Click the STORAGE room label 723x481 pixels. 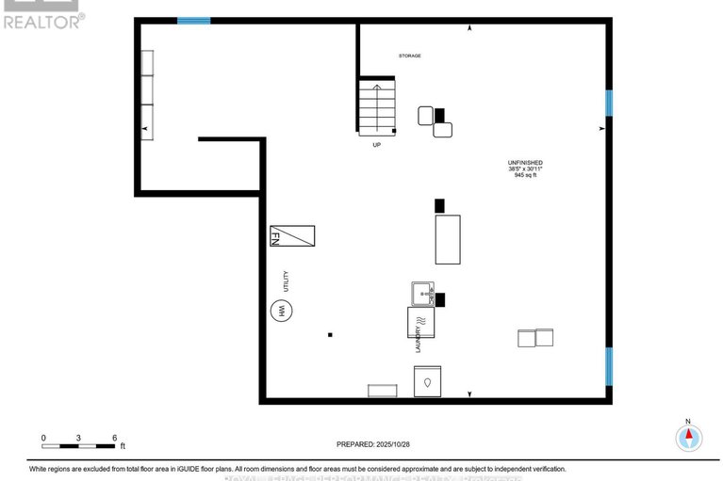pyautogui.click(x=409, y=56)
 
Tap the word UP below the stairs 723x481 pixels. pyautogui.click(x=377, y=145)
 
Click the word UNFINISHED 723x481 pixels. pyautogui.click(x=525, y=162)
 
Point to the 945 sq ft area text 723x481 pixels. pyautogui.click(x=525, y=175)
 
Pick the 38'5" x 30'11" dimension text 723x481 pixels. pyautogui.click(x=525, y=168)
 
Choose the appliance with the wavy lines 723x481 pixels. pyautogui.click(x=421, y=323)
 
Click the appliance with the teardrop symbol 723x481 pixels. pyautogui.click(x=427, y=381)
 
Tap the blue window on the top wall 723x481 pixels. pyautogui.click(x=194, y=20)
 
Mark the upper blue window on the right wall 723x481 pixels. pyautogui.click(x=609, y=103)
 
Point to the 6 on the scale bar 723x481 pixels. pyautogui.click(x=114, y=438)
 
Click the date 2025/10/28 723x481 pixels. pyautogui.click(x=395, y=444)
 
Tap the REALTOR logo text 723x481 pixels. pyautogui.click(x=42, y=21)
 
